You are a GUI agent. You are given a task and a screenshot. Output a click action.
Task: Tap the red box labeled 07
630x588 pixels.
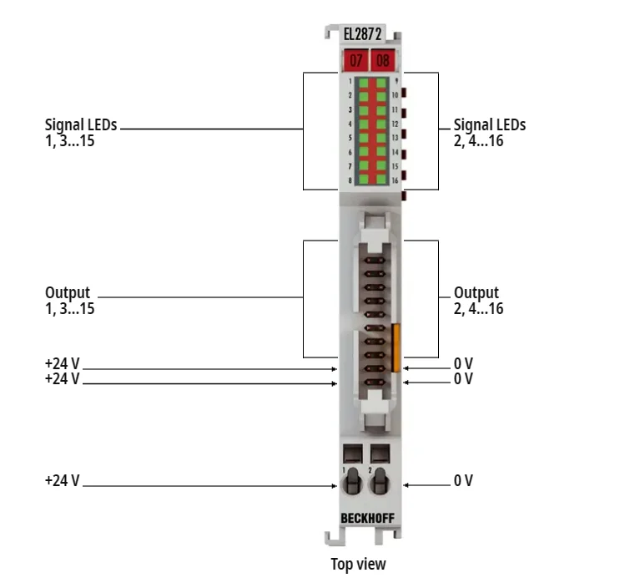[x=355, y=61]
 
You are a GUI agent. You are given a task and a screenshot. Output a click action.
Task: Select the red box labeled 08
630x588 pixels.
[x=382, y=61]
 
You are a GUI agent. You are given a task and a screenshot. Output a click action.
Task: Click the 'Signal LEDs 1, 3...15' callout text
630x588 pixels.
[x=81, y=133]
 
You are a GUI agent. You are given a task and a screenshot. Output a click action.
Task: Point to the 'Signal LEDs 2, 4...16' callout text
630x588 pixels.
[x=490, y=133]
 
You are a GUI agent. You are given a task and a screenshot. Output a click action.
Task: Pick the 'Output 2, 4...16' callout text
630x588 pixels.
[x=478, y=301]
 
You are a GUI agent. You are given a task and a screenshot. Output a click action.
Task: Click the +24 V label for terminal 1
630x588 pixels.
[x=63, y=481]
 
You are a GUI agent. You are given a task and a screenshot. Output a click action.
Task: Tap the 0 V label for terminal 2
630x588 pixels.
[x=463, y=481]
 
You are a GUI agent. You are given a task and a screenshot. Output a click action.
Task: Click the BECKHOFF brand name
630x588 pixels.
[x=368, y=519]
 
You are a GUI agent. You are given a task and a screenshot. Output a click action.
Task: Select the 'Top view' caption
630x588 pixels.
[x=358, y=565]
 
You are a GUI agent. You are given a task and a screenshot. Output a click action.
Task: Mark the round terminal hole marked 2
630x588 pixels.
[x=381, y=483]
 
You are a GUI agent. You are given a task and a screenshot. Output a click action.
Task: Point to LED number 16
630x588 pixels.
[x=381, y=180]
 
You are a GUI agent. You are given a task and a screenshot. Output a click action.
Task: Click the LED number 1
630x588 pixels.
[x=363, y=83]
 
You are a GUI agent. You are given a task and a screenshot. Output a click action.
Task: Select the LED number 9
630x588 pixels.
[x=381, y=83]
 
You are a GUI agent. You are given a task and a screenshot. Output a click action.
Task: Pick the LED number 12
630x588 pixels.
[x=381, y=124]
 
